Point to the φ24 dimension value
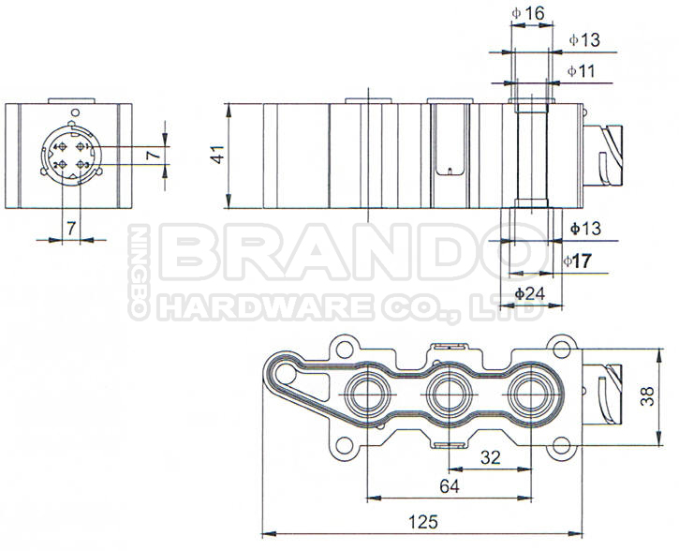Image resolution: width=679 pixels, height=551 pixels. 530,293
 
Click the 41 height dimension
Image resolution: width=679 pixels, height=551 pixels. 217,155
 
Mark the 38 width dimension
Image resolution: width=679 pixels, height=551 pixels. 646,397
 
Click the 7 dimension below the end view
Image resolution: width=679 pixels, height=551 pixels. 70,228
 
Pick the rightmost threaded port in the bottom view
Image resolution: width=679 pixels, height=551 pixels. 524,395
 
